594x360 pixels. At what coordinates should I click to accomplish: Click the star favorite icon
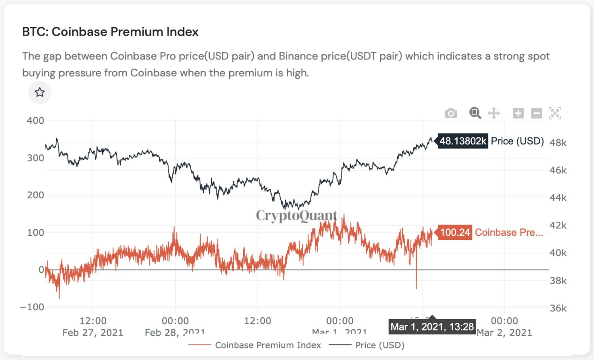pos(40,92)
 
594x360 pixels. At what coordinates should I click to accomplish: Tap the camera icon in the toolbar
pos(451,113)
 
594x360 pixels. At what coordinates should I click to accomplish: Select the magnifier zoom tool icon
pos(475,113)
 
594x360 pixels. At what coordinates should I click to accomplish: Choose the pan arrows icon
pos(494,113)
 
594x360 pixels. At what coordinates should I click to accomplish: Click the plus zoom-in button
pos(518,113)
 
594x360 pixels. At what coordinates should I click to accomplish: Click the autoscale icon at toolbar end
pos(555,113)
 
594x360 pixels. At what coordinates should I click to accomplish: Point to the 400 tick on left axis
pos(35,120)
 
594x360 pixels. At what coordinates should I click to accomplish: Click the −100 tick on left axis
pos(32,307)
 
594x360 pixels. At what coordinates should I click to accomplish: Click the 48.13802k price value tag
pos(463,141)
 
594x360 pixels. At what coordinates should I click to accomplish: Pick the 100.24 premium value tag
pos(455,232)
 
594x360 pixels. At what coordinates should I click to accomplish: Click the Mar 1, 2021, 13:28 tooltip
pos(432,327)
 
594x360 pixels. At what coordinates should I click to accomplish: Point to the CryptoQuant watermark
pos(297,215)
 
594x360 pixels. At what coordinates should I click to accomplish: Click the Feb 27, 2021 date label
pos(93,333)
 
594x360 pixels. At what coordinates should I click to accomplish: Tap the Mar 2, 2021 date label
pos(505,333)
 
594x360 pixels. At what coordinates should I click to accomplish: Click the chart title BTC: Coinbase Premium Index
pos(111,32)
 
